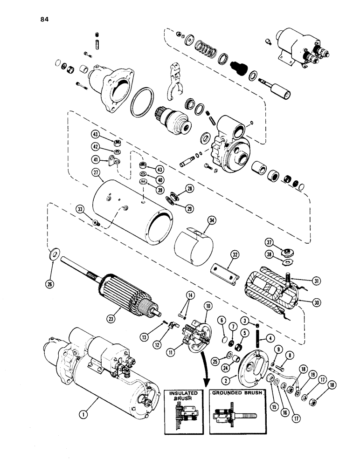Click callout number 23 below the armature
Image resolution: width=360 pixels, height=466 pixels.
[x=110, y=319]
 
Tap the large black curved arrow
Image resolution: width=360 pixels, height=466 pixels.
[x=204, y=368]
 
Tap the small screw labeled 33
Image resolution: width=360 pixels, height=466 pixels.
[x=96, y=224]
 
